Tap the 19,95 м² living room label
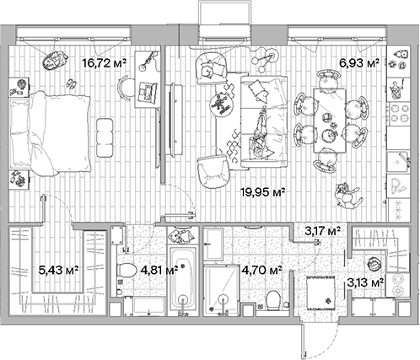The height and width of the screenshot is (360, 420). (265, 192)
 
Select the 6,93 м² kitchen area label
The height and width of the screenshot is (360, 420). (359, 62)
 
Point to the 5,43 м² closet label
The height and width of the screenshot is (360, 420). (59, 271)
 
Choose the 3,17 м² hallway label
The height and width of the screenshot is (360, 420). (322, 229)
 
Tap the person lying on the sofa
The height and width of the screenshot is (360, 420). (262, 135)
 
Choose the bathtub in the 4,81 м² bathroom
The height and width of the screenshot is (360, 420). (182, 281)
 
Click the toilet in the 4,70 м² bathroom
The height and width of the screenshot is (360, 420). (273, 298)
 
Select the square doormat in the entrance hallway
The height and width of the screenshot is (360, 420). (321, 295)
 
